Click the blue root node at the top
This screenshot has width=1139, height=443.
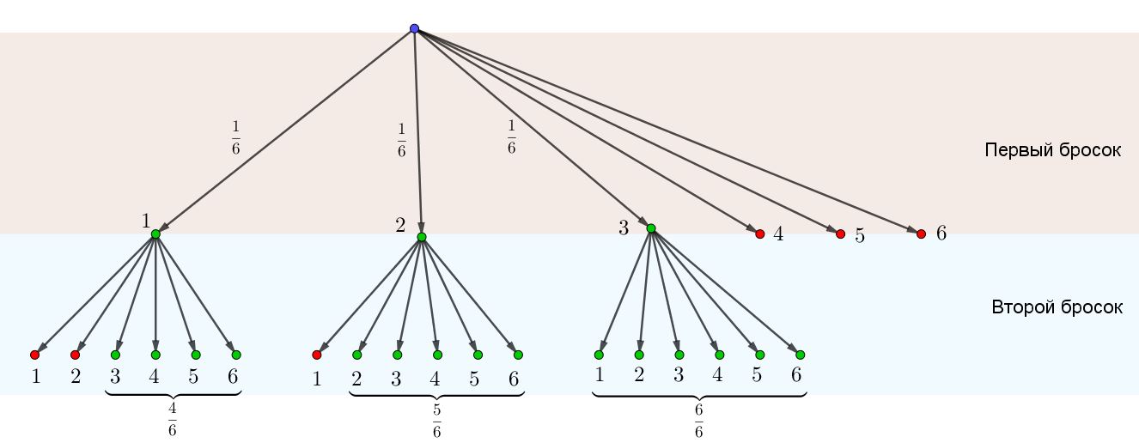click(414, 28)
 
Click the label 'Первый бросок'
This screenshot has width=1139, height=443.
click(1052, 150)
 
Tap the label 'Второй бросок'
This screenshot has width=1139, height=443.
click(1057, 307)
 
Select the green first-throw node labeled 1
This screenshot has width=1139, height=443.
click(155, 234)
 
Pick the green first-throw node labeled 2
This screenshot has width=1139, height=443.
click(422, 237)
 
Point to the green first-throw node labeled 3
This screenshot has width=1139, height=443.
click(651, 228)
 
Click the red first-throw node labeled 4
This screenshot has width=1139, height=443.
click(759, 234)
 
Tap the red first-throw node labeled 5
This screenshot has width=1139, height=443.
click(840, 234)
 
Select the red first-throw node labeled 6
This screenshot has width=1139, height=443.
click(921, 234)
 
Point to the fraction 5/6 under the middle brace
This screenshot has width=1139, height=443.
click(436, 418)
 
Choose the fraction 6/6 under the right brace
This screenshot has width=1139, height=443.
click(698, 418)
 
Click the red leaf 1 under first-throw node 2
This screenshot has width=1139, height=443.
click(317, 355)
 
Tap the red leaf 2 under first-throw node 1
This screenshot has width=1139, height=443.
click(75, 355)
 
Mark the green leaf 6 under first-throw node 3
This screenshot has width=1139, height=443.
click(800, 355)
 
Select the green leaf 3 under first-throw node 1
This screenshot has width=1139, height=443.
click(115, 355)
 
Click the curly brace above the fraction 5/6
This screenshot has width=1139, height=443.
click(436, 395)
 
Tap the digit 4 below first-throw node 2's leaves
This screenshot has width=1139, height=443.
click(435, 379)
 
